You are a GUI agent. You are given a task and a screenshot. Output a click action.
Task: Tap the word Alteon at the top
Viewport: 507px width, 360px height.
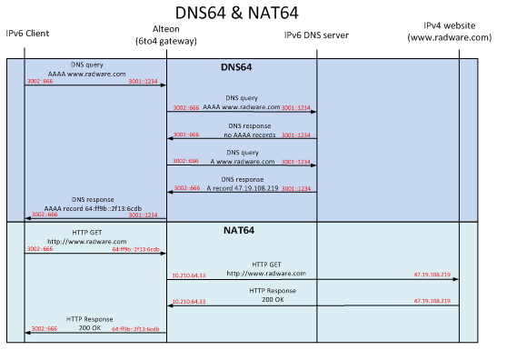click(x=166, y=30)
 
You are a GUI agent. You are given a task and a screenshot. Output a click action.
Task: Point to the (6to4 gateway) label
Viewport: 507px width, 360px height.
click(x=166, y=42)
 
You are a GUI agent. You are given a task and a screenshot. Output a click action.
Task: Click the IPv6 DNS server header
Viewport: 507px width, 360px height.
click(x=315, y=35)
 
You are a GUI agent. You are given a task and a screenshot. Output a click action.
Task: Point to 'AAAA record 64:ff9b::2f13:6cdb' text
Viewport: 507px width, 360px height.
click(x=94, y=208)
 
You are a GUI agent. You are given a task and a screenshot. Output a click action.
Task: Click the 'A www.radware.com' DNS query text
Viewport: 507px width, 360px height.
click(x=241, y=160)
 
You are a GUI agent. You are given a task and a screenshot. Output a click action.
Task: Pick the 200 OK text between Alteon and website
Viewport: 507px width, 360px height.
click(x=267, y=297)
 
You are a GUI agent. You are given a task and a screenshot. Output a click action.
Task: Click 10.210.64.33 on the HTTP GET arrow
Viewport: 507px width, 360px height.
click(x=189, y=275)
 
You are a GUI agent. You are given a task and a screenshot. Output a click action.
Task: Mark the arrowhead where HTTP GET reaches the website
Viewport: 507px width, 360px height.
click(x=455, y=279)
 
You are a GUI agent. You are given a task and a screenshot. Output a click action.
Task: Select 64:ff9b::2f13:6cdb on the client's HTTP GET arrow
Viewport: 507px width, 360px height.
click(x=136, y=248)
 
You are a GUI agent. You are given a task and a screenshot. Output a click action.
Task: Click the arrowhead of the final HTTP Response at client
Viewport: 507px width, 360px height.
click(x=28, y=334)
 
